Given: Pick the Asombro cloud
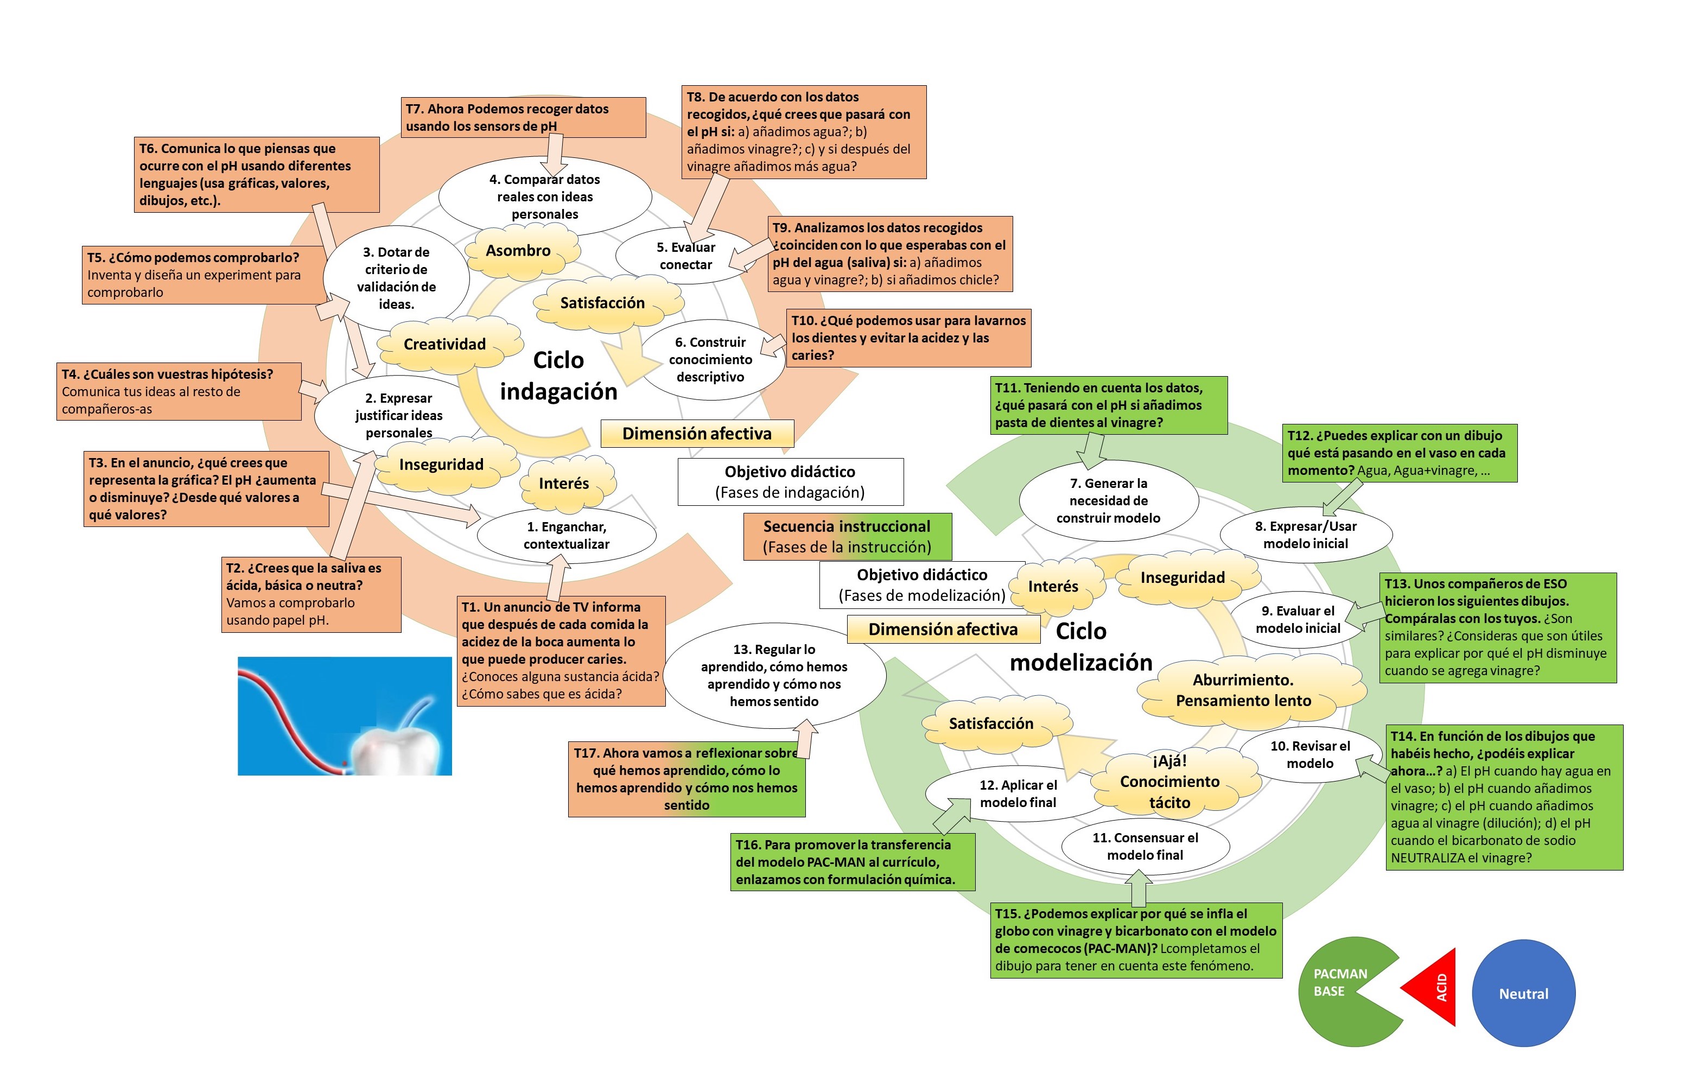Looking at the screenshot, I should (519, 250).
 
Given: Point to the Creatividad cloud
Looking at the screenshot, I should (444, 345).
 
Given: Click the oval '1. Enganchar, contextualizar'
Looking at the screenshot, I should (566, 536).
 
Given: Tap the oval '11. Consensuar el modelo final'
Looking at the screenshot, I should (1145, 846).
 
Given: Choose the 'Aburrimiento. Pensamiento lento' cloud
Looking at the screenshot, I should (1243, 690).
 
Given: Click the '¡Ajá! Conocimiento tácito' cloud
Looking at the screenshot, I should (1169, 782).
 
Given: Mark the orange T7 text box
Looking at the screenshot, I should (523, 117).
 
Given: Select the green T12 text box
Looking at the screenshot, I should (1399, 453).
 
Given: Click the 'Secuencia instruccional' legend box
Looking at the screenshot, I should (847, 536).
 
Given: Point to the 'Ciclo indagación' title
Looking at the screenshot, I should (558, 376).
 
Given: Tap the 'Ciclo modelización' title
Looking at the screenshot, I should (1080, 646).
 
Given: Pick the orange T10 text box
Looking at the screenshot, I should (908, 338).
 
